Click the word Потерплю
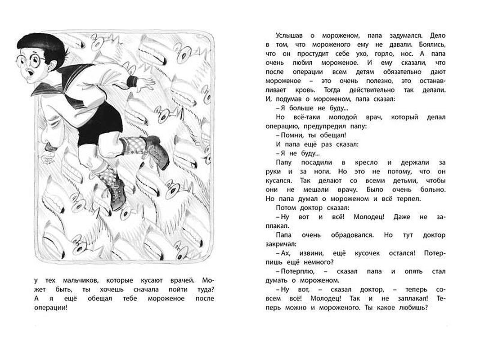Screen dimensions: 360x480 coord(298,272)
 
